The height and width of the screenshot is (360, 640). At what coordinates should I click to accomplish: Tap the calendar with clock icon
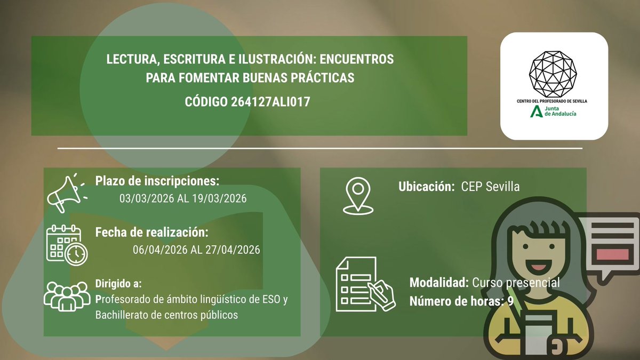(x=67, y=244)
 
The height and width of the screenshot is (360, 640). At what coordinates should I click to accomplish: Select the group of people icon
(x=65, y=296)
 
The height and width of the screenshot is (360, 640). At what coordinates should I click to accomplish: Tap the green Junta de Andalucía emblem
(x=536, y=111)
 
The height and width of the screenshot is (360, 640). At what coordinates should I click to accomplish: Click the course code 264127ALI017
(x=270, y=102)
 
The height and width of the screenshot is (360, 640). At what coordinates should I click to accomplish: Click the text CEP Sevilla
(x=491, y=187)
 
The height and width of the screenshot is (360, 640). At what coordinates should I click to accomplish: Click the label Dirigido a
(x=118, y=283)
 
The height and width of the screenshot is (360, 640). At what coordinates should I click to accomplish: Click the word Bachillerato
(x=122, y=315)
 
